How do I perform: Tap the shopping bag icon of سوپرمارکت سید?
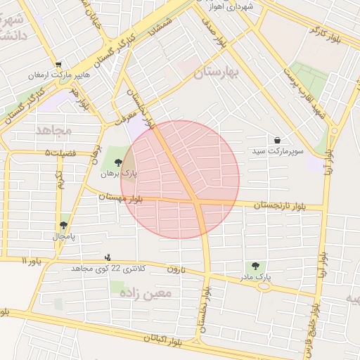278,141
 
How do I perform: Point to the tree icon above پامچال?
64,225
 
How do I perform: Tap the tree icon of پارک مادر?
255,266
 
